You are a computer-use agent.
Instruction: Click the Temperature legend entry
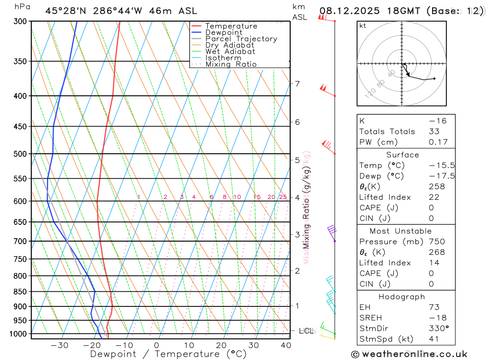(231, 26)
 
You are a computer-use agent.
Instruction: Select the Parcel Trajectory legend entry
(241, 39)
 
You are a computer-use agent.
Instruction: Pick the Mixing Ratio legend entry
(231, 64)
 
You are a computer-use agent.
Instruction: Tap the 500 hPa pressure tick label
(21, 154)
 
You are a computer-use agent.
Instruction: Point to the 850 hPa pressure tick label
(21, 292)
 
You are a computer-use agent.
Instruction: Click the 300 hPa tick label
(21, 22)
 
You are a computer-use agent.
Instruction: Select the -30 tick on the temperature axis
(59, 345)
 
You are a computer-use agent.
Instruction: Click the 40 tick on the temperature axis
(286, 345)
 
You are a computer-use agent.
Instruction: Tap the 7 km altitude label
(297, 83)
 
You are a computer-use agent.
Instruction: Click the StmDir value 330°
(439, 329)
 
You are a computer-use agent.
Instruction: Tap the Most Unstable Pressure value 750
(436, 242)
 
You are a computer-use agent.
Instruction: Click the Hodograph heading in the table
(402, 297)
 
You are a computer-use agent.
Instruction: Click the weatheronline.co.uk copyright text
(409, 354)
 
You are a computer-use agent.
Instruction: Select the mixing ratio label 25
(283, 197)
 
